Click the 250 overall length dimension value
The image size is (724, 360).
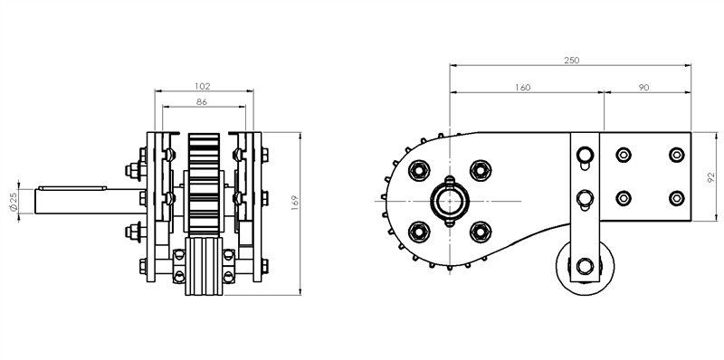tap(571, 60)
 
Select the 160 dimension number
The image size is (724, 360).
tap(522, 88)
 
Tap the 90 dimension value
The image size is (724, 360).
tap(643, 88)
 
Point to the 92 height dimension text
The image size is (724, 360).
tap(710, 178)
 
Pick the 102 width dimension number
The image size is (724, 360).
tap(203, 85)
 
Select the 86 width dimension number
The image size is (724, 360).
tap(203, 103)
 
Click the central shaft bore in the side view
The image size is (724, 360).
tap(450, 199)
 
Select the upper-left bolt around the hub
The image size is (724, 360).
tap(419, 169)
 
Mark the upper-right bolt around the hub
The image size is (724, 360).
tap(480, 169)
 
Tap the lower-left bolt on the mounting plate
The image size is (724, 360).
tap(623, 197)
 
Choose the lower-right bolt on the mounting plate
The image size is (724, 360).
tap(675, 197)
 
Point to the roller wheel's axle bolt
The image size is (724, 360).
tap(584, 266)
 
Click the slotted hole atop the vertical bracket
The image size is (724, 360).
tap(584, 156)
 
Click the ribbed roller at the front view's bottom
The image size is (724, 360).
tap(203, 270)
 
